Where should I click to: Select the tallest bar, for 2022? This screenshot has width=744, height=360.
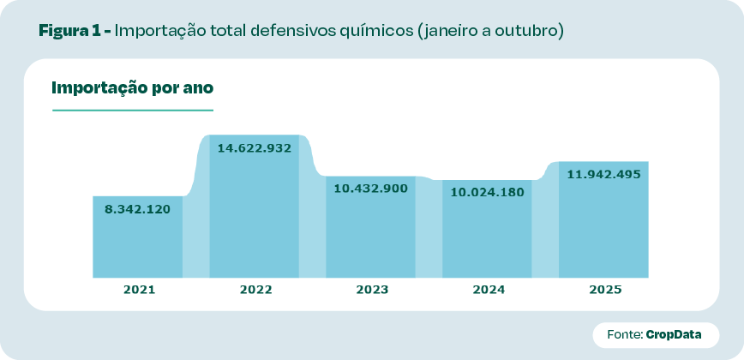tap(255, 214)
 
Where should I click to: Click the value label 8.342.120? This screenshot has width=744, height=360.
tap(138, 209)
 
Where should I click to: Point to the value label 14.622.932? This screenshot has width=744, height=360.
tap(255, 148)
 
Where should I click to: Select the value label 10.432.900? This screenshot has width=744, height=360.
tap(370, 189)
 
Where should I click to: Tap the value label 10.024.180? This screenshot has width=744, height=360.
tap(487, 192)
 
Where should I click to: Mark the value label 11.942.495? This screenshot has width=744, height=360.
tap(603, 174)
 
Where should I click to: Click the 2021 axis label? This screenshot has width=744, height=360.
tap(139, 290)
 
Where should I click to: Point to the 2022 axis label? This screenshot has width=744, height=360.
tap(255, 290)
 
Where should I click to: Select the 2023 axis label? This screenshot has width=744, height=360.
tap(372, 290)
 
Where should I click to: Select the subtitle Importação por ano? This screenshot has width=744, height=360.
tap(132, 87)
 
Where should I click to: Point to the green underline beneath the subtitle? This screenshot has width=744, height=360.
tap(132, 110)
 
